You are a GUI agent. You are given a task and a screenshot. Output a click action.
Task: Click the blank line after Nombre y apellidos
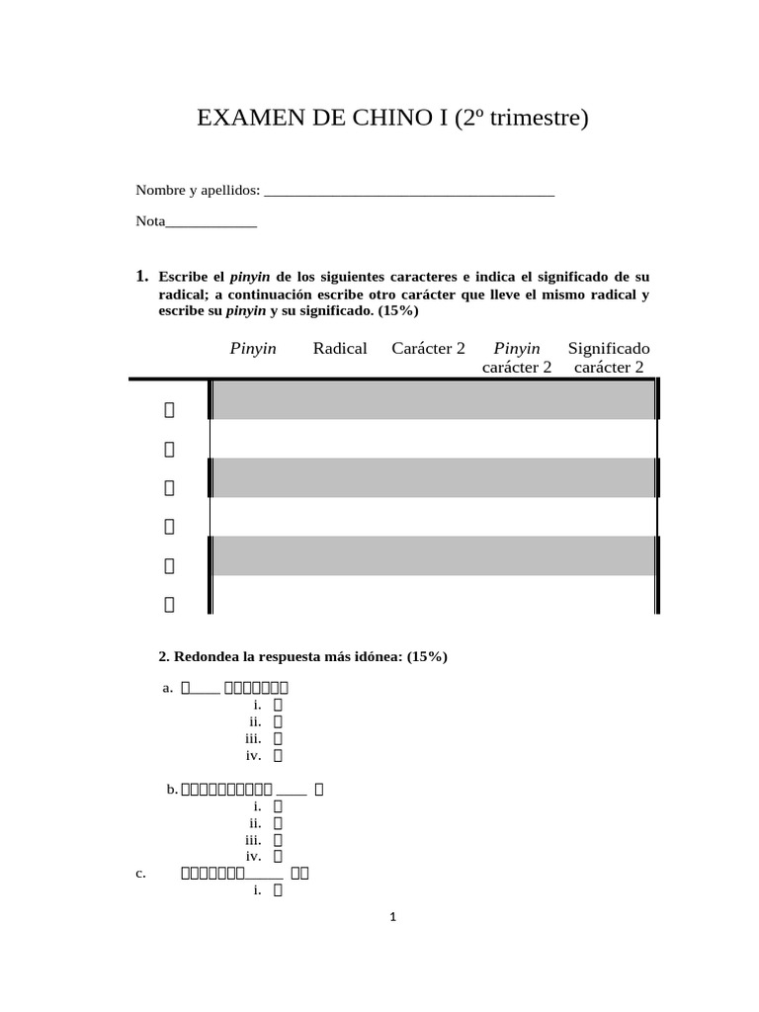coord(409,191)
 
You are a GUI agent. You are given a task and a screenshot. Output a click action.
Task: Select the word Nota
coord(150,221)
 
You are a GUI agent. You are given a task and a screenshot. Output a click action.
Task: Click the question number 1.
coord(142,276)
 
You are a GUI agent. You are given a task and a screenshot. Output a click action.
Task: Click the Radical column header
coord(339,348)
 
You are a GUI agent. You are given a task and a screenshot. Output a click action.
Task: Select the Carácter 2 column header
coord(428,348)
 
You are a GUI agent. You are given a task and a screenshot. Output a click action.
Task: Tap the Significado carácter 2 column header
coord(609,358)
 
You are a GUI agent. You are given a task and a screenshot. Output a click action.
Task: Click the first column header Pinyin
coord(253,348)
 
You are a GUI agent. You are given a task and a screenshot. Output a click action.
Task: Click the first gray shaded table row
coord(433,399)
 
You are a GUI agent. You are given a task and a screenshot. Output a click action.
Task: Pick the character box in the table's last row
coord(169,605)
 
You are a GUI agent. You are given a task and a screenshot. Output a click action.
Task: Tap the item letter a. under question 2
coord(167,688)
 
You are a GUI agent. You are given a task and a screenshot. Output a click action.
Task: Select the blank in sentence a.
coord(205,688)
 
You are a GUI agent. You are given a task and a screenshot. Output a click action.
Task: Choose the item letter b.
coord(172,789)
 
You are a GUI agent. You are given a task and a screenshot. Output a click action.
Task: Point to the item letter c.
coord(139,874)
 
